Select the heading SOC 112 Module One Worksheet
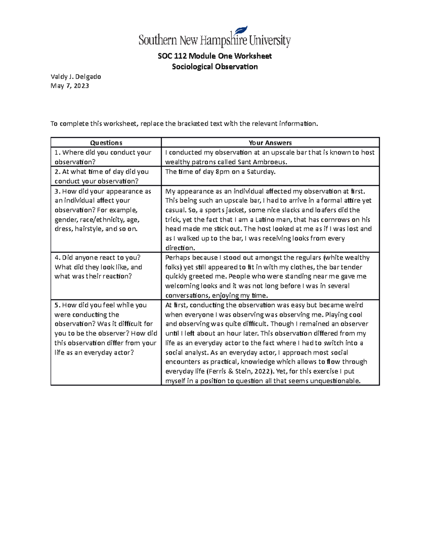click(x=215, y=56)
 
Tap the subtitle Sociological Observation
click(x=215, y=67)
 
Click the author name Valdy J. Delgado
click(x=76, y=76)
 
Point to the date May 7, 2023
click(x=70, y=86)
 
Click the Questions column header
click(x=106, y=143)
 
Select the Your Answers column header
click(x=270, y=143)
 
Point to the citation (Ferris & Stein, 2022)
click(x=235, y=371)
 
